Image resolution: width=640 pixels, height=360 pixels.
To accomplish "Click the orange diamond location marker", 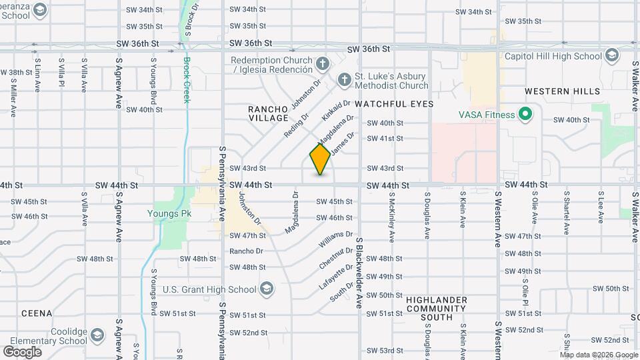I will (x=321, y=159).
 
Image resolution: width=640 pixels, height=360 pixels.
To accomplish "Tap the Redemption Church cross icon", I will (x=323, y=64).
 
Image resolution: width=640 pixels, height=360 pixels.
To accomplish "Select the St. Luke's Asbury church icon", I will (x=344, y=81).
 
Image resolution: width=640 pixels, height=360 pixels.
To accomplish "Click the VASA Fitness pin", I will (x=525, y=115).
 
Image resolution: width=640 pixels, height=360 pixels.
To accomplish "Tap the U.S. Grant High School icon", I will (x=267, y=289).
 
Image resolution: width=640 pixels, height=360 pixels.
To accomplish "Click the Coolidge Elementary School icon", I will (x=98, y=334).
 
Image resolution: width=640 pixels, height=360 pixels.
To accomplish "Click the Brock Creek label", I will (x=187, y=80).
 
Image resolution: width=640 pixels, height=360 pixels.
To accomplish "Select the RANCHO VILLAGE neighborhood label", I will (x=268, y=113).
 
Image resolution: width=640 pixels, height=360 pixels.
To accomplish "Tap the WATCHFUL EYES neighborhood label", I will (x=394, y=104).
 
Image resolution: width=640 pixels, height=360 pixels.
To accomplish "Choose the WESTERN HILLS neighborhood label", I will (x=562, y=91).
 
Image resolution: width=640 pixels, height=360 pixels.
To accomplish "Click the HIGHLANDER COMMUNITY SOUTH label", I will (x=436, y=309).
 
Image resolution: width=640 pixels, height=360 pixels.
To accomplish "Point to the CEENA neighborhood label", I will (x=37, y=313).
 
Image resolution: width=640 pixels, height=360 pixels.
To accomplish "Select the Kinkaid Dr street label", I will (x=336, y=110).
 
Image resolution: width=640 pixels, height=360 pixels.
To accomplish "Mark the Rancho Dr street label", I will (x=246, y=251).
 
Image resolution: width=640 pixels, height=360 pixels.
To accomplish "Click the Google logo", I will (x=22, y=351).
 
